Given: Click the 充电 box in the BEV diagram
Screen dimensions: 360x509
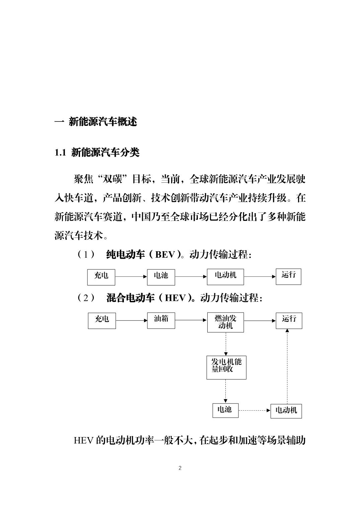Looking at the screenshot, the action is pos(101,277).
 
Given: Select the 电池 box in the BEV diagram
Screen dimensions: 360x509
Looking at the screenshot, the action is pos(161,277).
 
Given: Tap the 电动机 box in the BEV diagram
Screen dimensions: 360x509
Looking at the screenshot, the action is pos(225,277).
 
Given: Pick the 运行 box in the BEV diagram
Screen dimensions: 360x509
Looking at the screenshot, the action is pos(289,276).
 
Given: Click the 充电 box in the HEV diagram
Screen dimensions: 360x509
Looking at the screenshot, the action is pos(102,321).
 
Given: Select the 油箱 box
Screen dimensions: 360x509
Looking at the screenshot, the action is pos(161,320).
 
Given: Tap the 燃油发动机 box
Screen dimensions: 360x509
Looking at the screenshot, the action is pos(226,322).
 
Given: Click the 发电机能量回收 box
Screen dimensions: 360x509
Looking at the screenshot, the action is pos(226,367).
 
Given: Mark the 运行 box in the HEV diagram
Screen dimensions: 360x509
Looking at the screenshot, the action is pos(289,321).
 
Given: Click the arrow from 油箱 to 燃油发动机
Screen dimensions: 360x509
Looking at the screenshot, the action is pos(191,320).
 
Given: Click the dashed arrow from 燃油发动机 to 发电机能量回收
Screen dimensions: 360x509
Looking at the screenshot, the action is pos(226,344).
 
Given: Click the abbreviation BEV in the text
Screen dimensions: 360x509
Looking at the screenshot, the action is pos(165,254).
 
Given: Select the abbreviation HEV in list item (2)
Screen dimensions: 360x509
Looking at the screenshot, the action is pos(176,298).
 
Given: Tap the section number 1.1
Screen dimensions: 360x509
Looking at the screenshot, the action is pos(60,153).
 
